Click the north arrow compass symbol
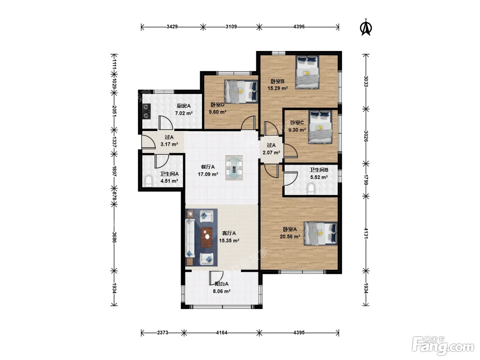[366, 27]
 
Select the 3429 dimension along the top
[172, 27]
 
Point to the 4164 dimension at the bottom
[221, 333]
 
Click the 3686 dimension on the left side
[114, 237]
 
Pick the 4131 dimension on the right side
[366, 233]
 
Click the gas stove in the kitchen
[146, 111]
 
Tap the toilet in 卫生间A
[149, 181]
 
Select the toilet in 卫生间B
[311, 189]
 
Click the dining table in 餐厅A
[234, 168]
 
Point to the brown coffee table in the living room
[207, 237]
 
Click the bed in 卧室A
[321, 233]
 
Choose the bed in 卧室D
[241, 91]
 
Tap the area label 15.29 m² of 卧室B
[277, 88]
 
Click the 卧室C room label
[297, 123]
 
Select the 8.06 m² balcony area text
[221, 291]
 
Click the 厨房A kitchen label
[183, 106]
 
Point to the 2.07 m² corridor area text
[271, 153]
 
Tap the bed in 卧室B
[307, 72]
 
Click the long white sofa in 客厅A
[190, 238]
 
